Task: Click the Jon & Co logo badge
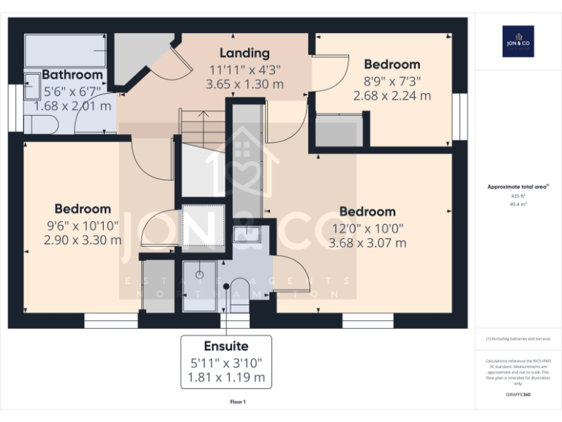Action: tap(518, 42)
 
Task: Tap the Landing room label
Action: tap(244, 53)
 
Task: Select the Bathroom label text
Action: tap(72, 75)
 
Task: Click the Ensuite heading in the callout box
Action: tap(226, 346)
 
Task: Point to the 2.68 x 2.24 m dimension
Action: tap(391, 95)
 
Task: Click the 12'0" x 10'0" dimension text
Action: tap(367, 228)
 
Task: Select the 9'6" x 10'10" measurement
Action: tap(83, 225)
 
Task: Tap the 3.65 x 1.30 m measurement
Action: tap(244, 84)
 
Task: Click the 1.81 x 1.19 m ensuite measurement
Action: tap(226, 379)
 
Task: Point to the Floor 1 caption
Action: tap(238, 401)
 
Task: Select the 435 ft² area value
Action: tap(517, 196)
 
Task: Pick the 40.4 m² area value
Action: tap(517, 204)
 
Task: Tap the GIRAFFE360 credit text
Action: tap(517, 395)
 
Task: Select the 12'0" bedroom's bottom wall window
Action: tap(367, 320)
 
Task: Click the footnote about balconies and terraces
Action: tap(517, 338)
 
